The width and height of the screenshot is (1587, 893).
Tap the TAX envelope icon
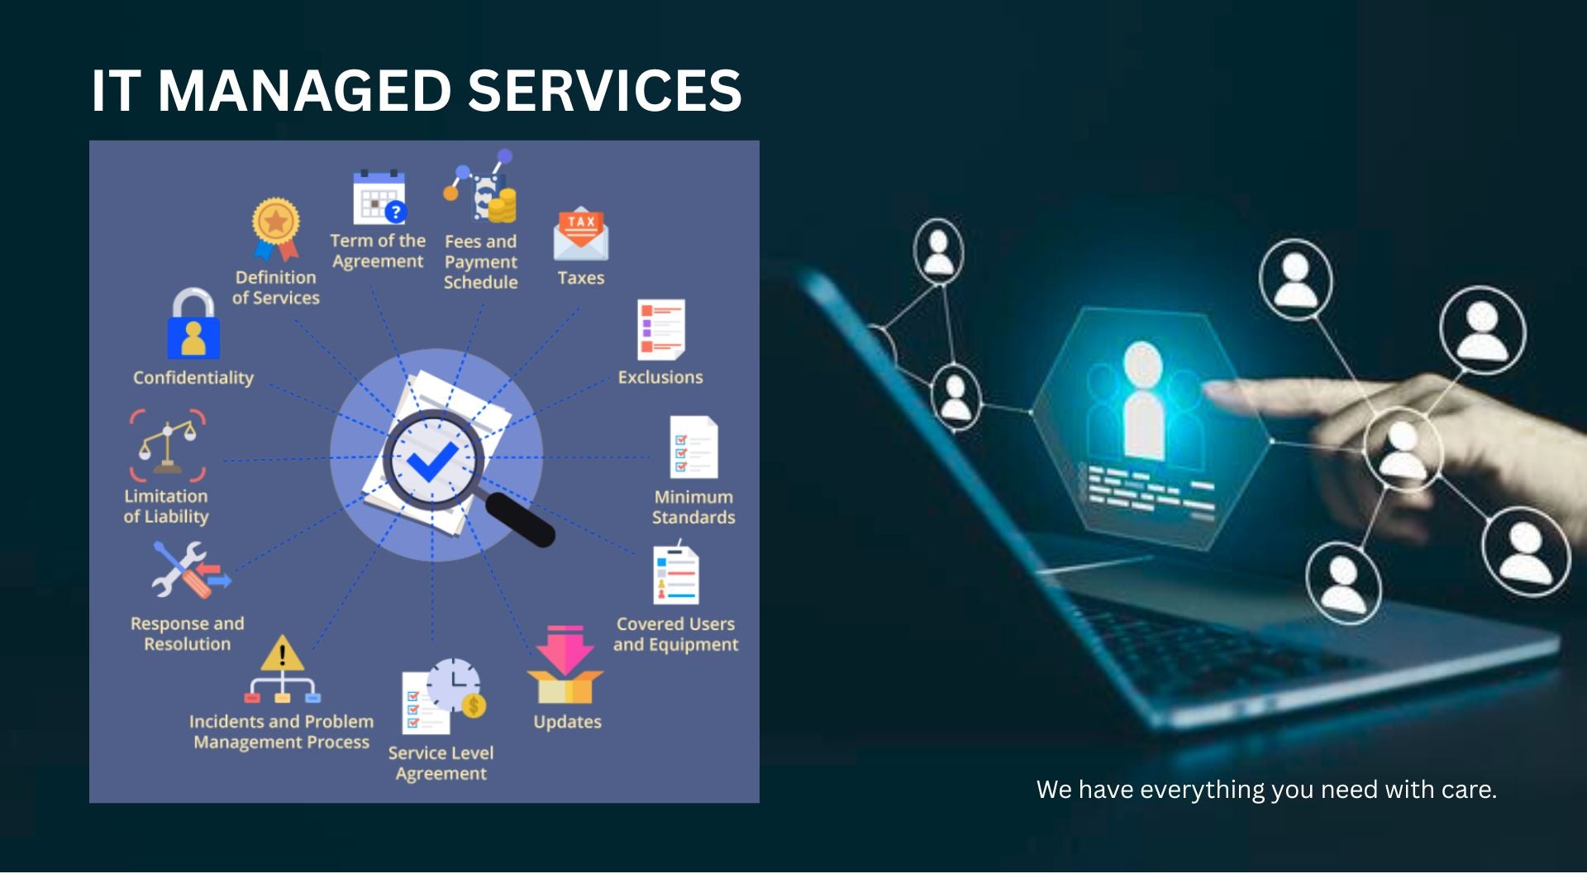[x=581, y=233]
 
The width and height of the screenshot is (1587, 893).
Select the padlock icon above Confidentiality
[x=193, y=323]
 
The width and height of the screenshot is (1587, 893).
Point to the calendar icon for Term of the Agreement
[x=379, y=198]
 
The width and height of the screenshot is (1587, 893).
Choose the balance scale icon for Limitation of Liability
[x=168, y=445]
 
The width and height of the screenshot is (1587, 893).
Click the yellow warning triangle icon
[x=283, y=653]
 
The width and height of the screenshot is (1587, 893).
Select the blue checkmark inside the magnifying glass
[x=432, y=460]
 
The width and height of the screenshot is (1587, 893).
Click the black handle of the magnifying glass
[x=520, y=518]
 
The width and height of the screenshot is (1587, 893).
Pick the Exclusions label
[x=660, y=377]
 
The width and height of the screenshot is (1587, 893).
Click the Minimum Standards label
[x=693, y=507]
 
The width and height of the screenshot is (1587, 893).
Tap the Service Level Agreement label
[x=441, y=763]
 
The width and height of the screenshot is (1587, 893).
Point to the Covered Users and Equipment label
[x=675, y=634]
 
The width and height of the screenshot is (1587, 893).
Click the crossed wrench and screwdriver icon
[x=191, y=570]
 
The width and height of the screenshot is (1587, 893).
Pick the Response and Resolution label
[x=188, y=633]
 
